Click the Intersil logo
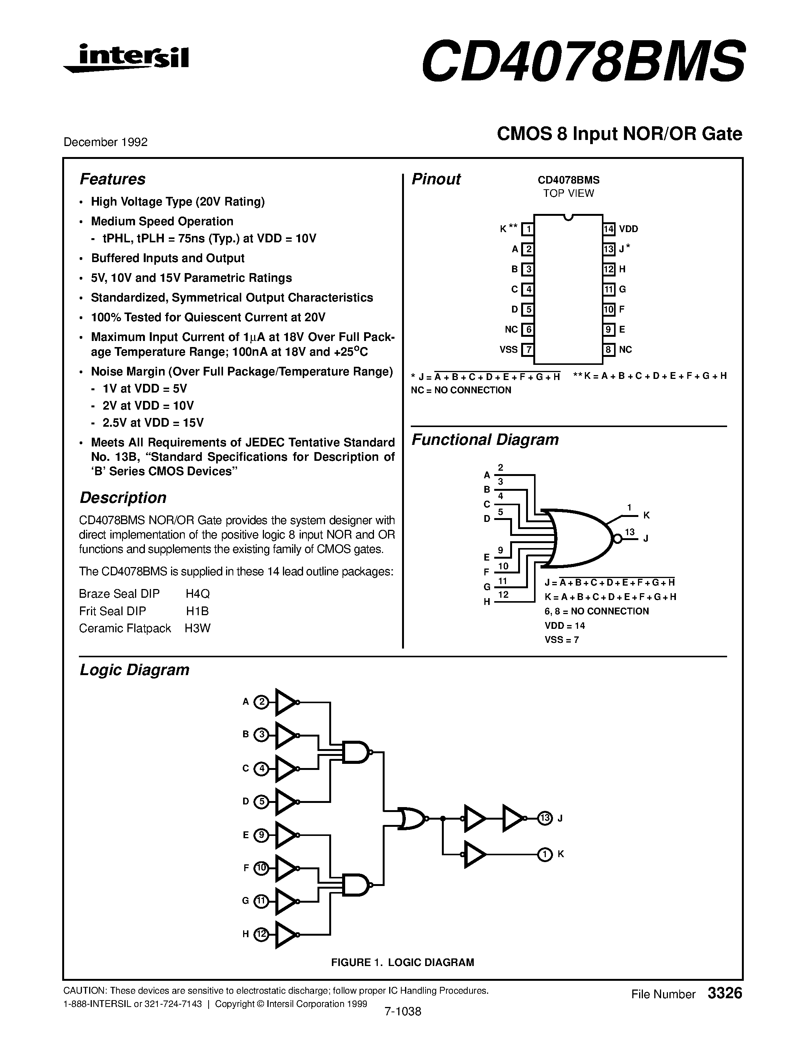tap(127, 59)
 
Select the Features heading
tap(112, 179)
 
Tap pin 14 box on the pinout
tap(608, 229)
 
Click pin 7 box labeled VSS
tap(528, 350)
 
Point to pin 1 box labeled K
tap(528, 229)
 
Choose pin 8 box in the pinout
tap(608, 350)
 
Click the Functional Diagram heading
tap(485, 439)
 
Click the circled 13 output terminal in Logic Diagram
tap(545, 818)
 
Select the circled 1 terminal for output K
tap(545, 855)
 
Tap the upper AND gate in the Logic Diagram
tap(356, 752)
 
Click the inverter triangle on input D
tap(286, 801)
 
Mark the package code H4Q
tap(198, 594)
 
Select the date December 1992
tap(105, 142)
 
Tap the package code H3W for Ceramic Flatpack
tap(198, 628)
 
